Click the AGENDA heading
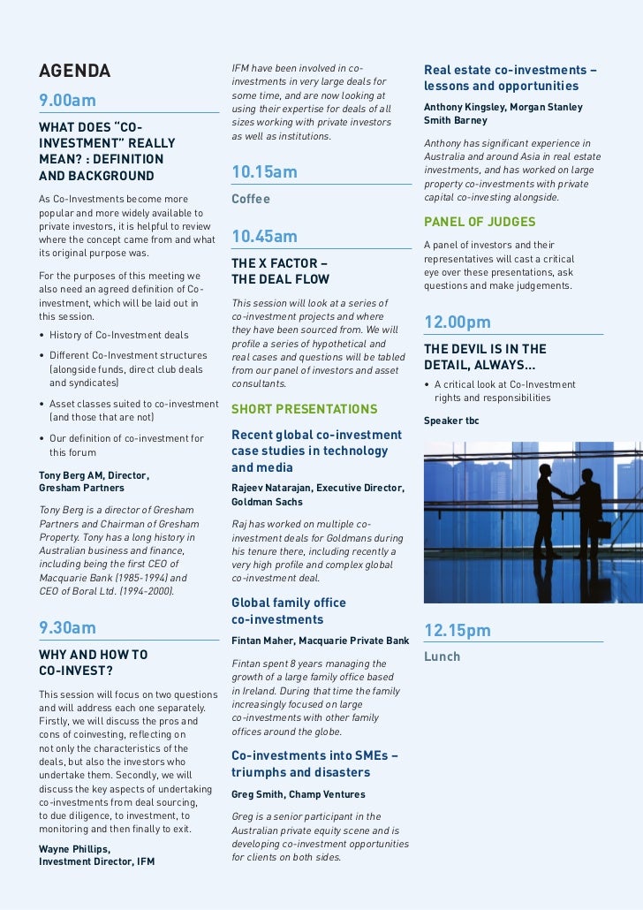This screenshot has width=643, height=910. coord(75,71)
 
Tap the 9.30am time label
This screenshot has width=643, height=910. coord(67,628)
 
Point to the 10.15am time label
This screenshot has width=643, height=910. coord(264,171)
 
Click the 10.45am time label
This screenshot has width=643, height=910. coord(264,237)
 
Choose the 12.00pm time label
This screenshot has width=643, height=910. coord(458,322)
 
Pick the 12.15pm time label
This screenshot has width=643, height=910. coord(457,631)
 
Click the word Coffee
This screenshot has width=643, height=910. coord(251,200)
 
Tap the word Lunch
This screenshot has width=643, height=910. coord(443,657)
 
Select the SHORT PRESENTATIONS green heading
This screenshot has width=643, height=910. coord(304,409)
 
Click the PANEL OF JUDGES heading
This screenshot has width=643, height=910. coord(480,221)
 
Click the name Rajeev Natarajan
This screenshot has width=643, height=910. coord(270,488)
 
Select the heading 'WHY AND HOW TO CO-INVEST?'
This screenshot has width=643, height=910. coord(94,663)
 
